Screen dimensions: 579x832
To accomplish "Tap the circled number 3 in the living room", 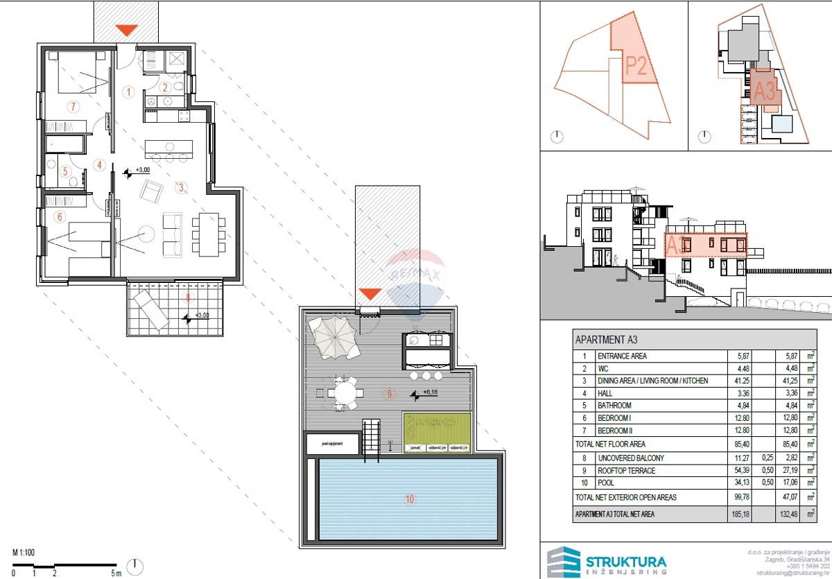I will [x=180, y=187].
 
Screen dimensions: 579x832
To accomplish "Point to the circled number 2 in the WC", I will [x=164, y=87].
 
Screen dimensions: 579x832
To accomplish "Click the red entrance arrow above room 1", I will [x=126, y=31].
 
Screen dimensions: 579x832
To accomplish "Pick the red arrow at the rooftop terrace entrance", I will [x=368, y=294].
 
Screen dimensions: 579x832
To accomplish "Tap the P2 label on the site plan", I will [x=636, y=65].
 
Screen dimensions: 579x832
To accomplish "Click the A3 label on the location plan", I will [x=764, y=91].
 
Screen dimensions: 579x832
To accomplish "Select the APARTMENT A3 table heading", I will [x=607, y=340].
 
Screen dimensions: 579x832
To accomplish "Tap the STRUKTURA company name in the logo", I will [x=626, y=562].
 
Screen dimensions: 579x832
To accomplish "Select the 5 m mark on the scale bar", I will [x=115, y=573].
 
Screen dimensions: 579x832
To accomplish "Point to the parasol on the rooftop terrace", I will [x=333, y=340].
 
